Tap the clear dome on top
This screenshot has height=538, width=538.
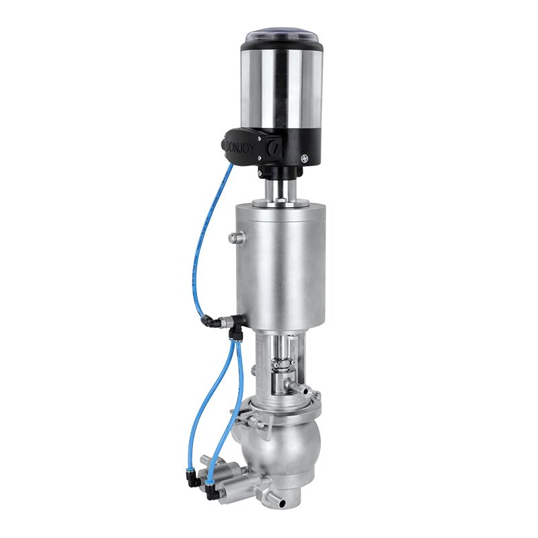[x=282, y=35]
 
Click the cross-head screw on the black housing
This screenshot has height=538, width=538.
[x=305, y=159]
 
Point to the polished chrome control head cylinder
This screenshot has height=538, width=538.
[x=282, y=87]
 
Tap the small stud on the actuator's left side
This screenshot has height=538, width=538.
[x=233, y=237]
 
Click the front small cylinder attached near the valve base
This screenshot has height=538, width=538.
[x=229, y=486]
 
